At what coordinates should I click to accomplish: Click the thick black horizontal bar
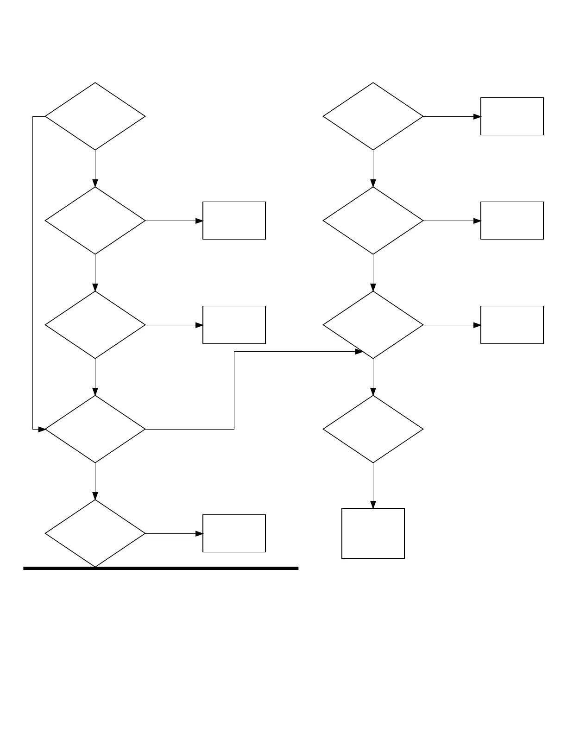[161, 568]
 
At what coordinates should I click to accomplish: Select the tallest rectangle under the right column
[373, 533]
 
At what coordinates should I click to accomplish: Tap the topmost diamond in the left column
[95, 116]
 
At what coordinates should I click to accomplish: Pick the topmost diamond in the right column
[373, 116]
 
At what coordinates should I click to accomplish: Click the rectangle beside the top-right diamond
[512, 116]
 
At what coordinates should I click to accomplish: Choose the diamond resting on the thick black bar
[95, 533]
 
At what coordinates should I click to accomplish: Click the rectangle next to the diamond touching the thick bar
[234, 533]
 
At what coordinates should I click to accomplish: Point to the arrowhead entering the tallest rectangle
[373, 505]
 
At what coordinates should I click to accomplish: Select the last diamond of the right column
[373, 429]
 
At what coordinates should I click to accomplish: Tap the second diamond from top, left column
[95, 221]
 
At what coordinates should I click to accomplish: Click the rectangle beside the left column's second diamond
[234, 221]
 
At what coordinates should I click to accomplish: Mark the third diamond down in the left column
[95, 325]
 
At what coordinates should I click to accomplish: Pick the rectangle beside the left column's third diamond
[234, 325]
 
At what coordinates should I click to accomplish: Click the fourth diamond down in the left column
[95, 429]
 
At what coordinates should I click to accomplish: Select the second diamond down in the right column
[373, 221]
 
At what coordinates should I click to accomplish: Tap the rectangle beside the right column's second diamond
[512, 221]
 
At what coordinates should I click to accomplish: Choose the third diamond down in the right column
[373, 325]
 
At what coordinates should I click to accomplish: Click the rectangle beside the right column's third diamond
[512, 325]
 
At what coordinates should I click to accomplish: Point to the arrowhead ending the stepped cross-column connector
[359, 352]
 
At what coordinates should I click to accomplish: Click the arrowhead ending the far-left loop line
[42, 429]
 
